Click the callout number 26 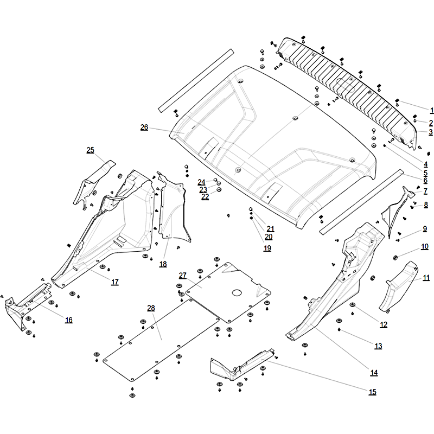[x=144, y=127]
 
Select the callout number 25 [x=90, y=150]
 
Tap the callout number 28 [x=151, y=308]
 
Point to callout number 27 [x=182, y=276]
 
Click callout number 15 [x=372, y=392]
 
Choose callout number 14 [x=374, y=373]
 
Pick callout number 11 [x=426, y=278]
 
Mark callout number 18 [x=163, y=264]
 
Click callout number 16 [x=68, y=320]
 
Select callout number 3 [x=430, y=132]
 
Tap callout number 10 [x=425, y=247]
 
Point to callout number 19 [x=267, y=248]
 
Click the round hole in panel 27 [x=237, y=292]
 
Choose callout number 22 [x=205, y=197]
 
